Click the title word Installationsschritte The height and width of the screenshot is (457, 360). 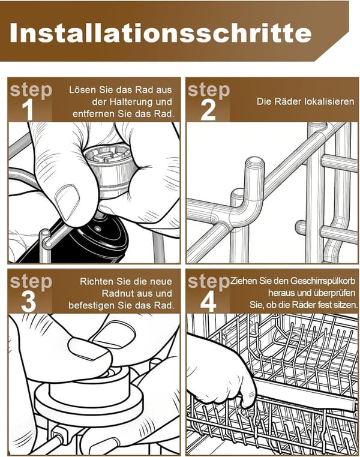pos(161,33)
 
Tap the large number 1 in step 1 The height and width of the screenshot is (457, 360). pos(28,110)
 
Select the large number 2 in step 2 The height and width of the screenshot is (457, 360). pos(208,110)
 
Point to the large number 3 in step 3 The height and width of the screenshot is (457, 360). pos(28,302)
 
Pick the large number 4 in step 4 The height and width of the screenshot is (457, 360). pos(208,302)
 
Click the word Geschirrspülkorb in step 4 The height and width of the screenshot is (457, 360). pos(323,281)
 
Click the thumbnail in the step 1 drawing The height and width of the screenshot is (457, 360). pos(68,201)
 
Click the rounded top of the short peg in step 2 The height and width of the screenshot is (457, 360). pos(254,162)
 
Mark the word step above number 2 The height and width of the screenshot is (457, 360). pos(209,90)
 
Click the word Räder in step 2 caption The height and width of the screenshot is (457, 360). pos(289,101)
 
